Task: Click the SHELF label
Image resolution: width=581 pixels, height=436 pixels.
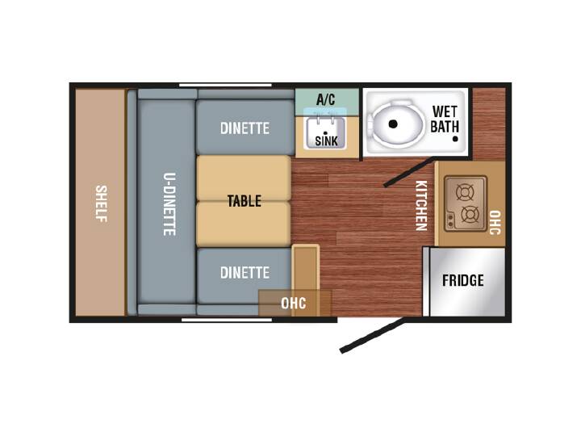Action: (101, 203)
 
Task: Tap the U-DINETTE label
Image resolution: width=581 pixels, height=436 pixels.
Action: (169, 204)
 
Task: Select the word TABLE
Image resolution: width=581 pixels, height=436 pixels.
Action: (245, 201)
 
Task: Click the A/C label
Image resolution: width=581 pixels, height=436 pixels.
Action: (326, 99)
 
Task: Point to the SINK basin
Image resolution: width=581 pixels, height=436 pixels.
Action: (325, 133)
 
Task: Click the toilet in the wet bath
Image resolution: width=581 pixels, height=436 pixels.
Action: (395, 124)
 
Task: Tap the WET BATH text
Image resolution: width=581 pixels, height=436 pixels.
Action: (445, 119)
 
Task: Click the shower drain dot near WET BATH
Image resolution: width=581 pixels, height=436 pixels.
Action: (455, 139)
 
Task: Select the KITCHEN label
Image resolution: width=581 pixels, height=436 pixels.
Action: (421, 205)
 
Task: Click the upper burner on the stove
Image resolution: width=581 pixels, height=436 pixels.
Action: (465, 192)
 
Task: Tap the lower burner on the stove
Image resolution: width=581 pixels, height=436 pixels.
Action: (470, 214)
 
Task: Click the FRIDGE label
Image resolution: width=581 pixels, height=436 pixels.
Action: (463, 280)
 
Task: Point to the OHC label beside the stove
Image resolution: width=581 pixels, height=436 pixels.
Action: (495, 223)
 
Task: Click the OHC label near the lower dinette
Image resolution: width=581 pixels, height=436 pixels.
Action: (294, 304)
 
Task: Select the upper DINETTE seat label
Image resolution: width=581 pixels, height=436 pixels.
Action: (245, 128)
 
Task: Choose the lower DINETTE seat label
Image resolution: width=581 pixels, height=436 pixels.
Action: (245, 273)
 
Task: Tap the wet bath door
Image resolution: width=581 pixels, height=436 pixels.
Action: (408, 172)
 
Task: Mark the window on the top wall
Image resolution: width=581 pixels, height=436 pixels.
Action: (225, 86)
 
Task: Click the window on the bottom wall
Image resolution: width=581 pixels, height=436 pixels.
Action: (227, 320)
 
